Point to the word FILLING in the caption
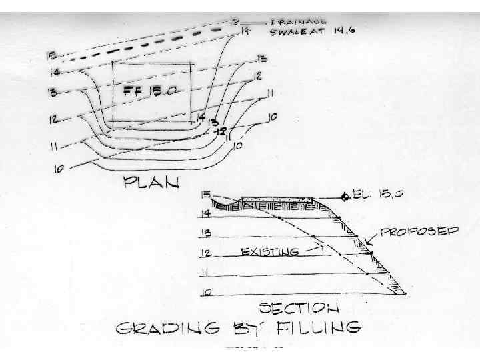[x=321, y=328]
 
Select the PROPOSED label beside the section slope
[x=419, y=232]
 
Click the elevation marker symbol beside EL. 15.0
[x=344, y=197]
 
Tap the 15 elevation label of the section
[x=206, y=194]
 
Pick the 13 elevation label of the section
[x=207, y=233]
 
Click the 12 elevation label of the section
[x=207, y=253]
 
